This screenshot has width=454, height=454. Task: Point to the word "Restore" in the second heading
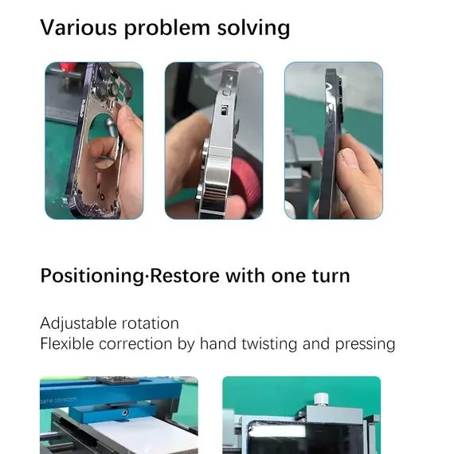pos(182,276)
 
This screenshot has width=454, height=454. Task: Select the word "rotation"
pos(150,323)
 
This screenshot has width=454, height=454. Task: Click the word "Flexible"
pos(67,344)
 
